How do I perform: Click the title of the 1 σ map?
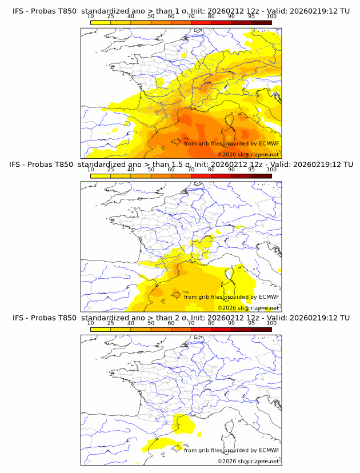(x=181, y=11)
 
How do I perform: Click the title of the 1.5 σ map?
(x=181, y=165)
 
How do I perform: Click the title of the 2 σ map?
(x=181, y=318)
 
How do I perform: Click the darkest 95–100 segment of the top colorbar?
(x=261, y=22)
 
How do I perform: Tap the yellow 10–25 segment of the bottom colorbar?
(x=101, y=329)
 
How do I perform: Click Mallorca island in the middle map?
(x=177, y=295)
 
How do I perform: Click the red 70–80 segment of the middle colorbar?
(x=201, y=175)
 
